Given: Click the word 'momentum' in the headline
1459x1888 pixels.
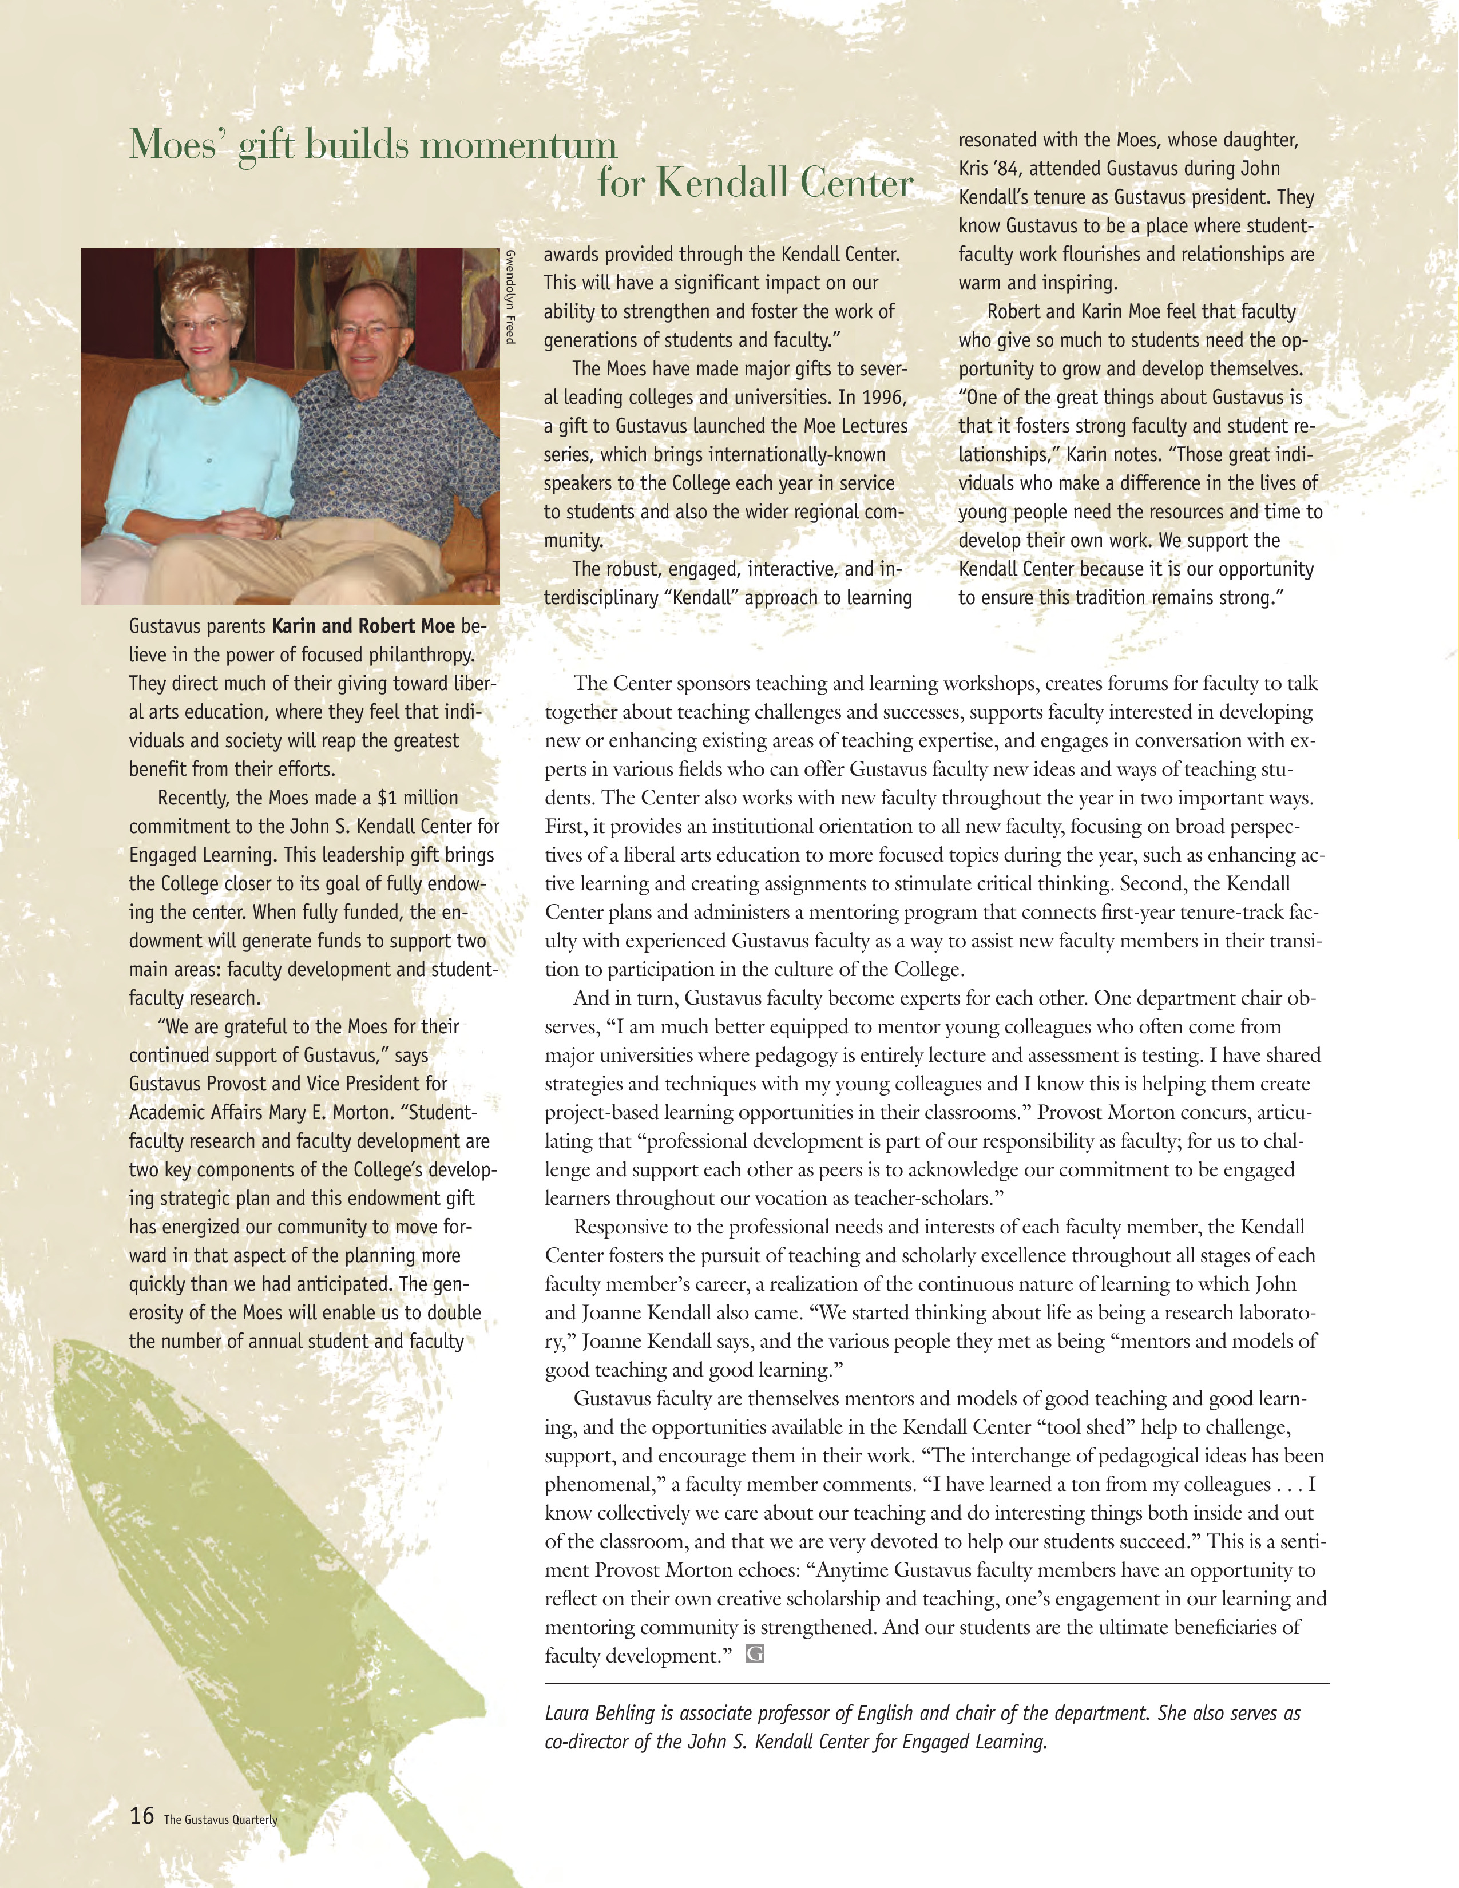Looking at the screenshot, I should (518, 144).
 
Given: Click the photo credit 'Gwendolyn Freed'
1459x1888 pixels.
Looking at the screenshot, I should (510, 296).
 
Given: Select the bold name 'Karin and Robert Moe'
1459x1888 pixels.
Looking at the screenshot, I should (363, 626).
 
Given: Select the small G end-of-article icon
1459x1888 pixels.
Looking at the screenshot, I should (755, 1655).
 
